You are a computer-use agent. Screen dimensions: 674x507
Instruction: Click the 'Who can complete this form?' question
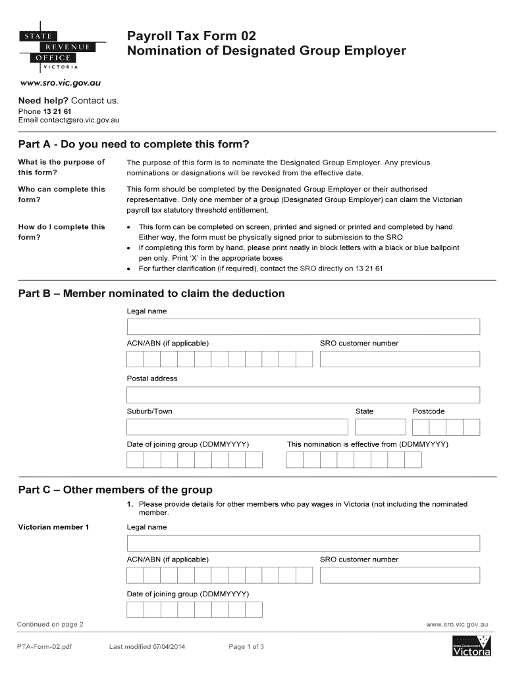61,194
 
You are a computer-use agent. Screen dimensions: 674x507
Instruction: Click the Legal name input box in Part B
303,326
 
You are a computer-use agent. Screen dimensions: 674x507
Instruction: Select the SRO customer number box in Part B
400,359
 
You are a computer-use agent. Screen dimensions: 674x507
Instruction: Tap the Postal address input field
303,394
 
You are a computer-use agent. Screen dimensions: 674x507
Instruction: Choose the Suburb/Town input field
237,427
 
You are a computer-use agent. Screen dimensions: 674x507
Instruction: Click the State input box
380,427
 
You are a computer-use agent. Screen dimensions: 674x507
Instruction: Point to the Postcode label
429,411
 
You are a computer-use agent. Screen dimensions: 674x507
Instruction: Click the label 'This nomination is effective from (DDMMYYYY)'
367,444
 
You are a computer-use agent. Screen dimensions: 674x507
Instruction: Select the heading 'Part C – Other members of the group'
115,490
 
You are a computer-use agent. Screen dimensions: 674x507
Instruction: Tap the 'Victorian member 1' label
53,527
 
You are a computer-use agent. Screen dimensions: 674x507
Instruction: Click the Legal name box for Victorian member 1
303,543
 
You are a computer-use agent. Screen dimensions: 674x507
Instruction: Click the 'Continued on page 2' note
50,623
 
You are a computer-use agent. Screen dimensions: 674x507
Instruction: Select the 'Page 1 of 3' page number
246,646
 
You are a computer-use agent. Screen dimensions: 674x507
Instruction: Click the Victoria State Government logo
471,646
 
